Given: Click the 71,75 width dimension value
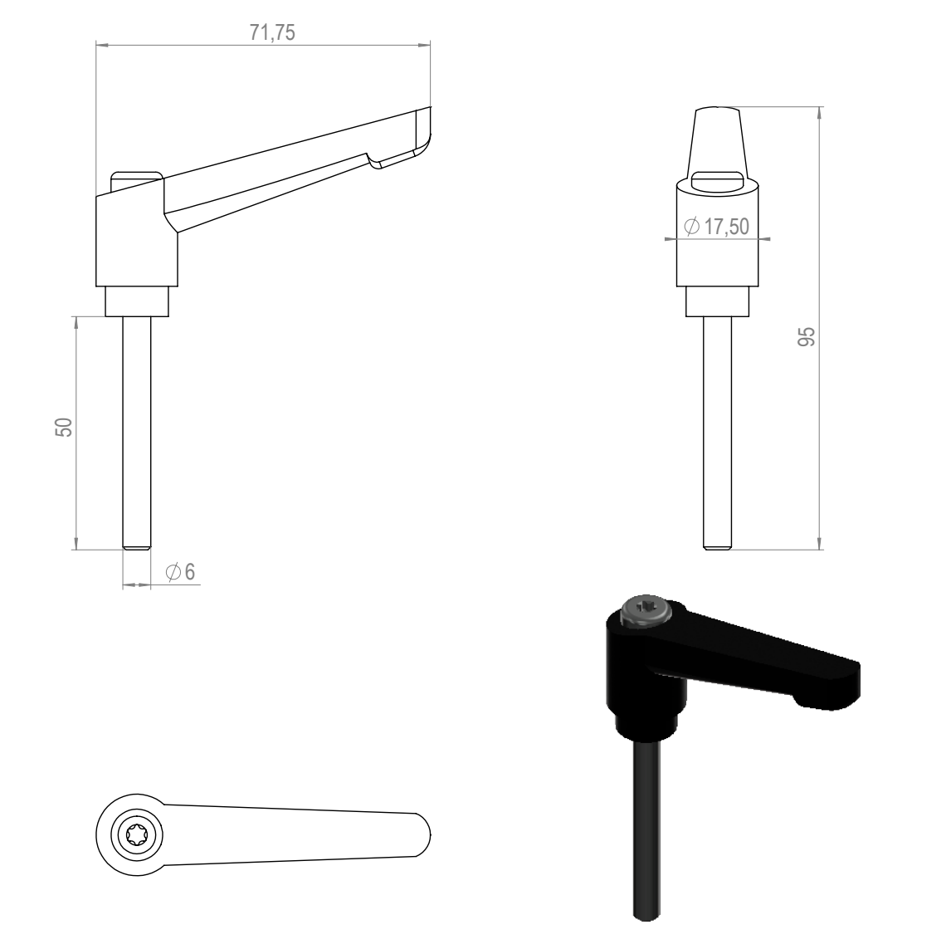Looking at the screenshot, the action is coord(272,32).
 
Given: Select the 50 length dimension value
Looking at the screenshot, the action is coord(64,428).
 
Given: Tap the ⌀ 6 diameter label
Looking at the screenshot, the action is coord(181,571).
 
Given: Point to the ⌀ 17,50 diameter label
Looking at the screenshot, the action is coord(717,227).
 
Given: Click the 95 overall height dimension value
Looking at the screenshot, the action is coord(807,336).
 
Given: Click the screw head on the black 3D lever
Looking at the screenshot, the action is coord(646,611).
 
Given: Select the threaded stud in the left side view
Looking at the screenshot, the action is coord(137,433).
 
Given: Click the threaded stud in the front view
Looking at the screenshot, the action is coord(717,433).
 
